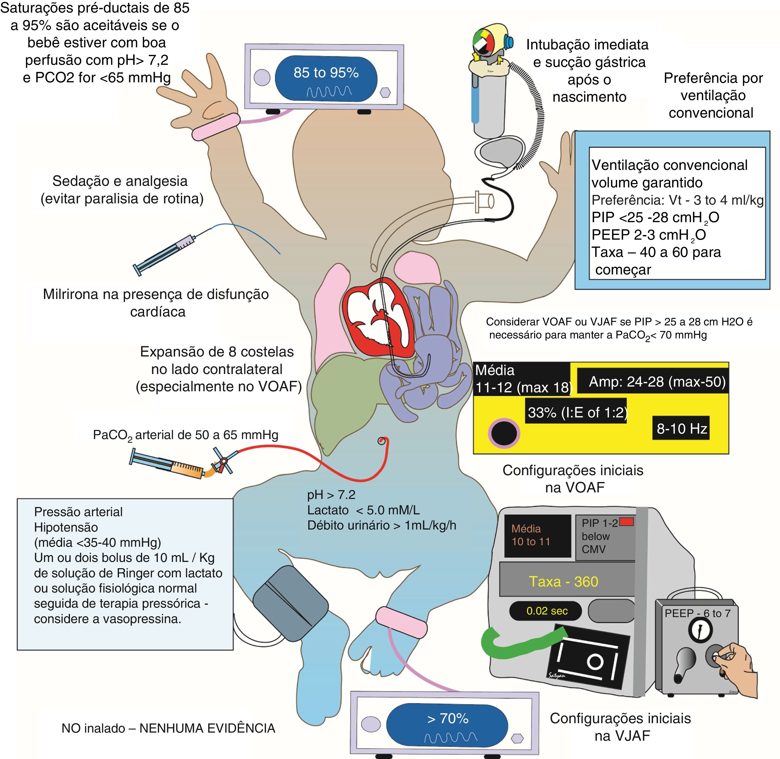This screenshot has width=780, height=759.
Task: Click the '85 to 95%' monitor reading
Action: (326, 73)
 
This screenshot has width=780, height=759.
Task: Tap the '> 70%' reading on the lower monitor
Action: (447, 718)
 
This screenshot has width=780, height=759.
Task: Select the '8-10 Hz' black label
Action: (681, 429)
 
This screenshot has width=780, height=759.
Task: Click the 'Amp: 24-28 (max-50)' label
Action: (657, 382)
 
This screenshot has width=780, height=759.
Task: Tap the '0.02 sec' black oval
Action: (547, 611)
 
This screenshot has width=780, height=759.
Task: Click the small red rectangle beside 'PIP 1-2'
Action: (627, 522)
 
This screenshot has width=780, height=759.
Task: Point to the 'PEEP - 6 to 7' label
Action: (697, 613)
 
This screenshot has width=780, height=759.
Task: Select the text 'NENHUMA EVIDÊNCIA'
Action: (207, 728)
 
